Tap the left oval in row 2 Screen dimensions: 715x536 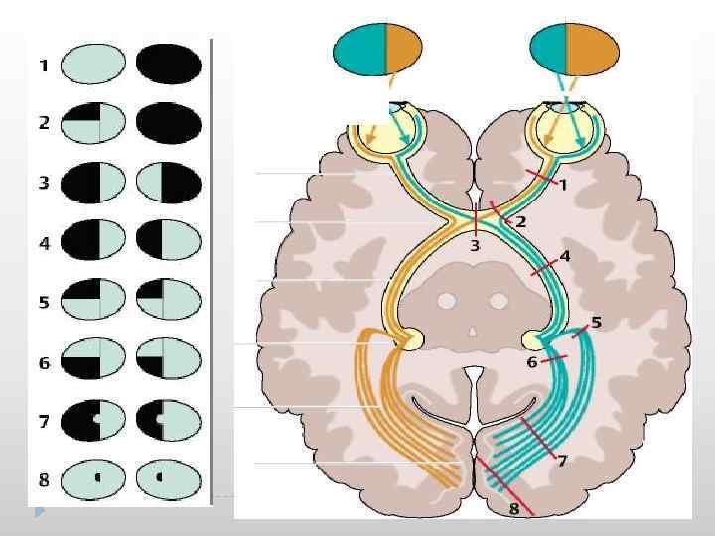(92, 125)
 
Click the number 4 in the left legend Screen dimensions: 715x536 (44, 243)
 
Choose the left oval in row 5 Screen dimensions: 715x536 (92, 302)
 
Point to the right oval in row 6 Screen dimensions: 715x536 (169, 361)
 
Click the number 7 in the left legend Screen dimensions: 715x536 (44, 421)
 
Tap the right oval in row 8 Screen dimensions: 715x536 (169, 480)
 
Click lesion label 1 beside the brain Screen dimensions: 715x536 (562, 185)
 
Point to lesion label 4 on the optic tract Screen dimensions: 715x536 (565, 256)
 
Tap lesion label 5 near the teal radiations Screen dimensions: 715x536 (596, 322)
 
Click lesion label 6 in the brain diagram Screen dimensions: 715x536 (532, 363)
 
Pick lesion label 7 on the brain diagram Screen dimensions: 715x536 (562, 461)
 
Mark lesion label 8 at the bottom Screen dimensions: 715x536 (513, 509)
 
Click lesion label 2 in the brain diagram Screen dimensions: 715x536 (520, 221)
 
